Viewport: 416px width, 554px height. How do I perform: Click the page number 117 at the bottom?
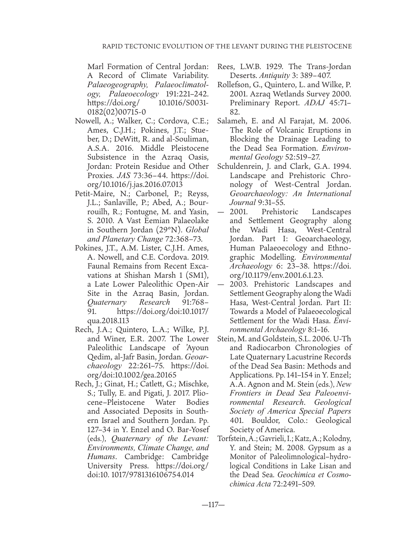213,505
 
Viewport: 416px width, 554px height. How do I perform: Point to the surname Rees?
225,67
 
